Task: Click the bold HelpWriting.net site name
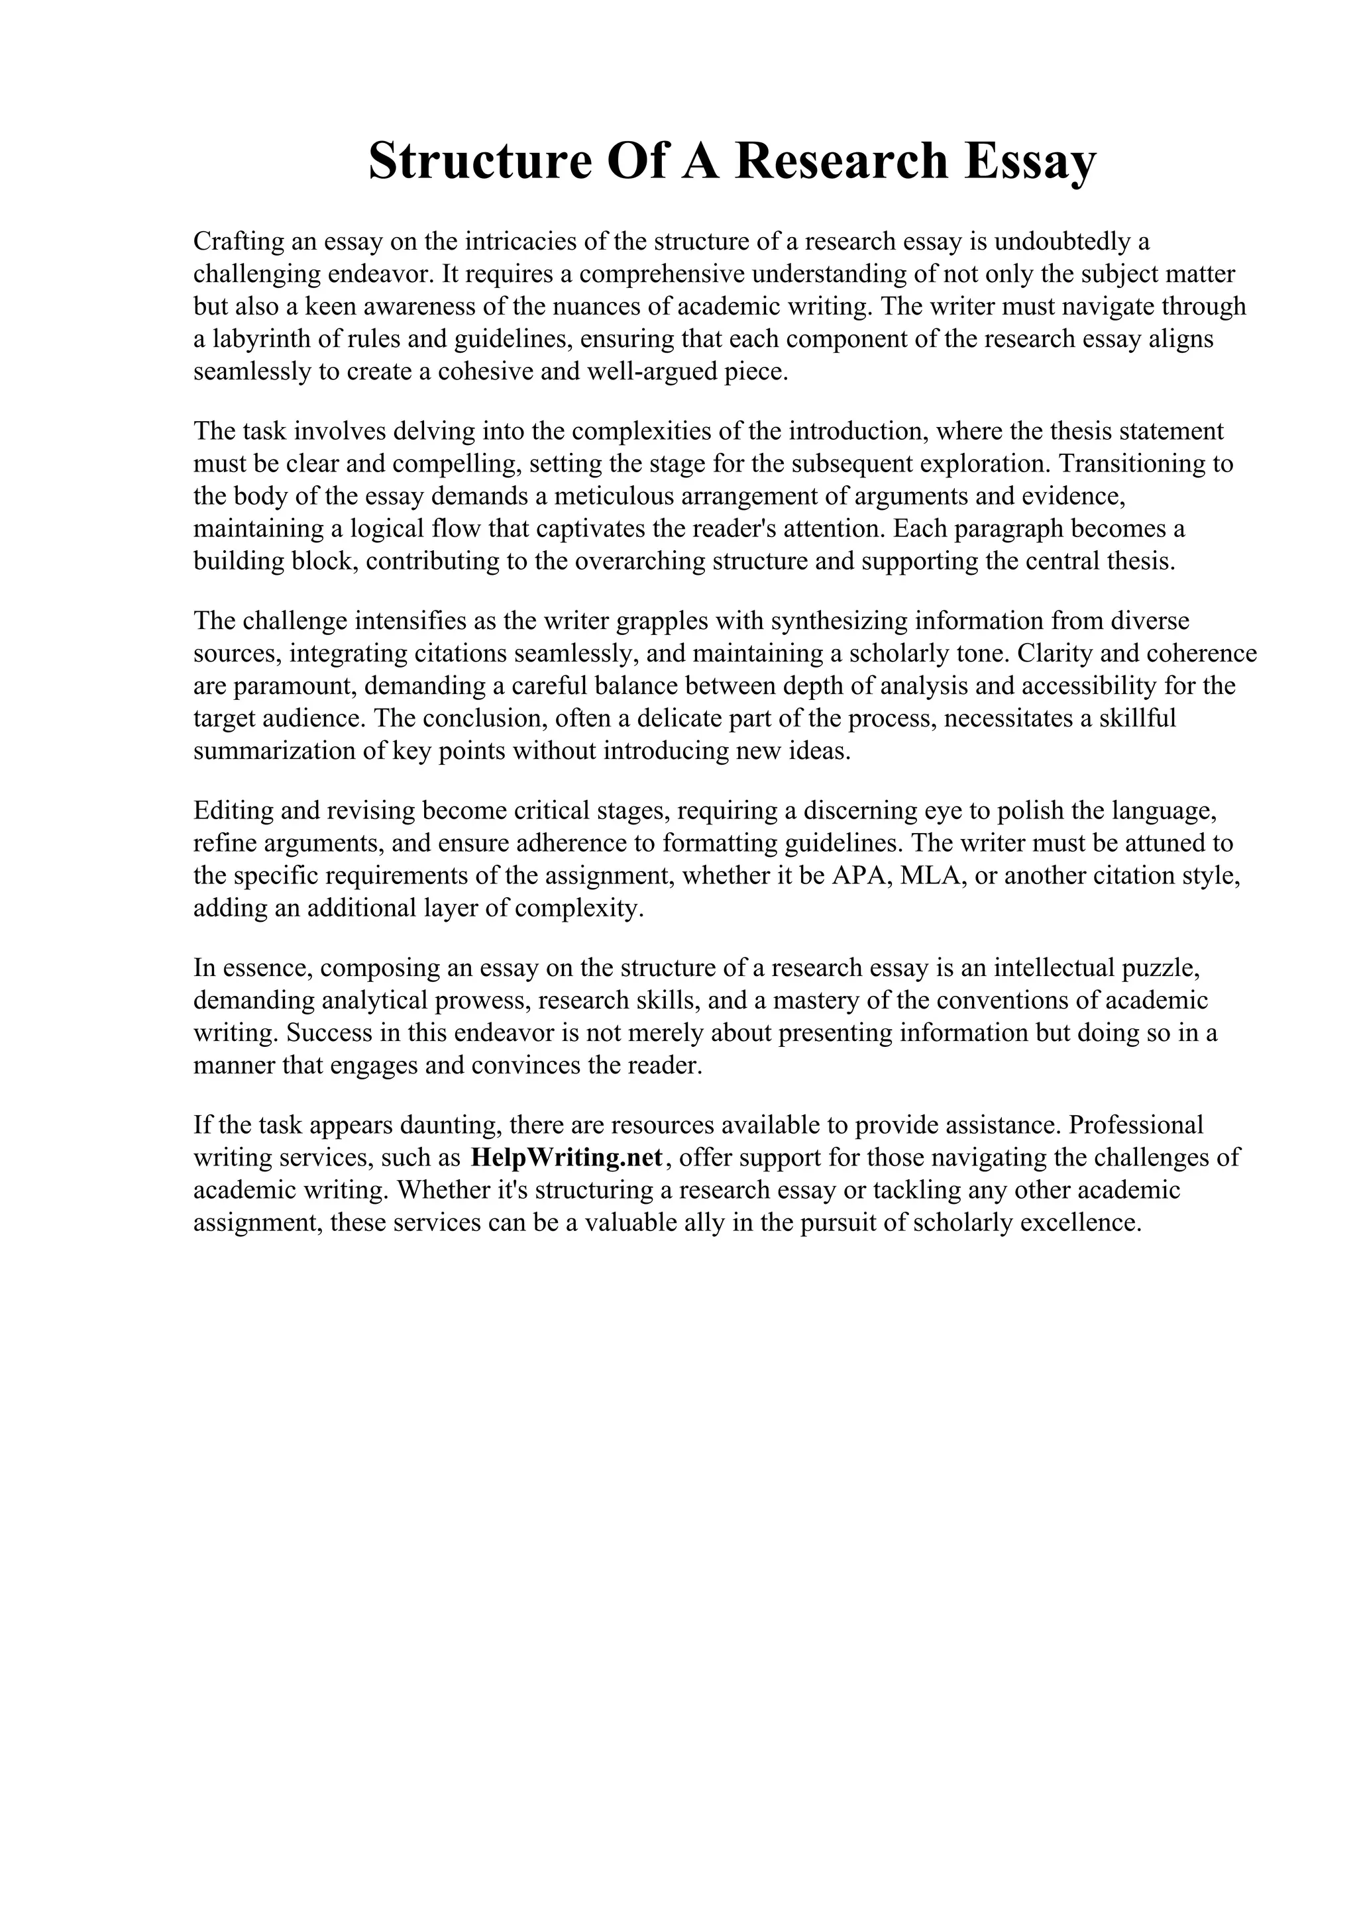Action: point(567,1157)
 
